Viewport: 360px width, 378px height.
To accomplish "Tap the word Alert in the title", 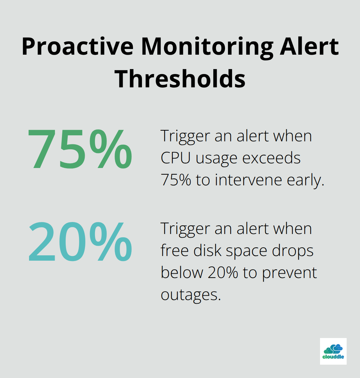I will point(309,47).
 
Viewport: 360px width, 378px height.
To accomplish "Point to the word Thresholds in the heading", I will point(180,79).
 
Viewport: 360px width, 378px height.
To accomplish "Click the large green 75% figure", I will point(80,149).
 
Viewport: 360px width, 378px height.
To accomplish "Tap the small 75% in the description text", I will point(176,180).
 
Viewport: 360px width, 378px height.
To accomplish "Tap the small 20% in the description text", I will point(223,273).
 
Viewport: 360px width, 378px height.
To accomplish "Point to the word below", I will point(182,273).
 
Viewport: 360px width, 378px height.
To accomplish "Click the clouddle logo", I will point(333,351).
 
